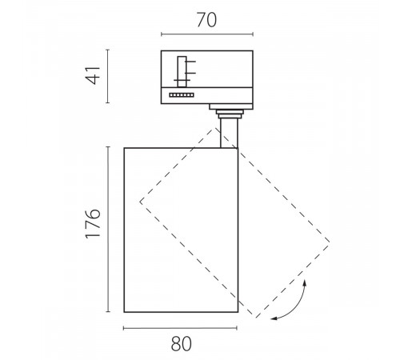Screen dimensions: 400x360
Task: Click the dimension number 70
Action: pyautogui.click(x=206, y=20)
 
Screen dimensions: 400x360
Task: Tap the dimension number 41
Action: pyautogui.click(x=93, y=75)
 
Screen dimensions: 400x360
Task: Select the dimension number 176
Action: pyautogui.click(x=93, y=223)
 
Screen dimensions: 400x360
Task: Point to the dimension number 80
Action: pyautogui.click(x=181, y=343)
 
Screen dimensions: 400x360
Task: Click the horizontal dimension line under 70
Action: pyautogui.click(x=207, y=34)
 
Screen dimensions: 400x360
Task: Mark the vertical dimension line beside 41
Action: pyautogui.click(x=107, y=76)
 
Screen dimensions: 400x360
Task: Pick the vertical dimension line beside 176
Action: pyautogui.click(x=108, y=229)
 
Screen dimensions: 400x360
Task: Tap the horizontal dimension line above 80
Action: pyautogui.click(x=180, y=328)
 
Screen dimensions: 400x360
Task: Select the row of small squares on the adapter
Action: pyautogui.click(x=182, y=95)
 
